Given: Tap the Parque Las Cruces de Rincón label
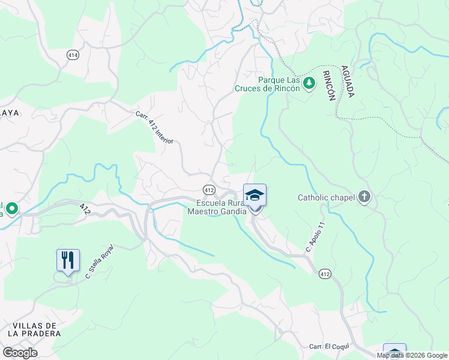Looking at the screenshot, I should pyautogui.click(x=279, y=84).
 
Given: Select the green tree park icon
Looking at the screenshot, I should pyautogui.click(x=309, y=83).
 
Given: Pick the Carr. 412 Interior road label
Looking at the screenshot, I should pyautogui.click(x=154, y=127).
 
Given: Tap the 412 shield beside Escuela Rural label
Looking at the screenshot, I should pyautogui.click(x=208, y=190).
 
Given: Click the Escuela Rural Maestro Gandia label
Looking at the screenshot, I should pyautogui.click(x=217, y=207).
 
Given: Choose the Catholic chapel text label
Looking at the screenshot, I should pyautogui.click(x=327, y=197).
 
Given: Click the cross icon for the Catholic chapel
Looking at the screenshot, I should pyautogui.click(x=364, y=197).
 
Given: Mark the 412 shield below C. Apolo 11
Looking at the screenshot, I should pyautogui.click(x=325, y=274).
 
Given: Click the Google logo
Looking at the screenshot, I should pyautogui.click(x=20, y=353).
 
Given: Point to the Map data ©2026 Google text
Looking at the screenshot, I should pyautogui.click(x=412, y=355).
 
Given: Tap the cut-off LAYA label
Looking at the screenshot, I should pyautogui.click(x=10, y=112).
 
